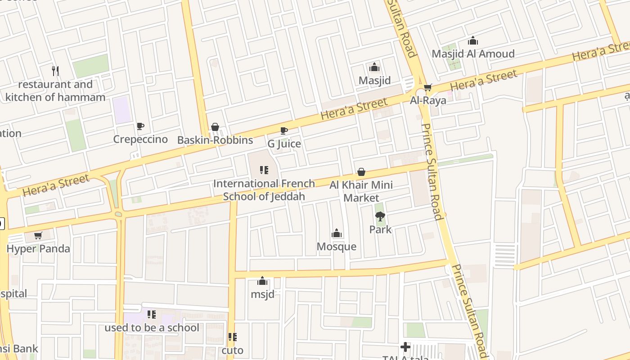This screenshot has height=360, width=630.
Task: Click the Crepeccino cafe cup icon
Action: (140, 126)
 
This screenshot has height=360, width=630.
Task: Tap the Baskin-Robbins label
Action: (215, 140)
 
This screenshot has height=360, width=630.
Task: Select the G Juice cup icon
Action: (284, 130)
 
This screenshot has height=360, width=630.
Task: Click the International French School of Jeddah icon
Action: (264, 170)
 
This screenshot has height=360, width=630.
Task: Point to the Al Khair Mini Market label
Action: (361, 191)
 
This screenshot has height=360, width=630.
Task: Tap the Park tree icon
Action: (380, 216)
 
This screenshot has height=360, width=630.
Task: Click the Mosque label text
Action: (337, 247)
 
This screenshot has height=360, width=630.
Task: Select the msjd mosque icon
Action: (262, 282)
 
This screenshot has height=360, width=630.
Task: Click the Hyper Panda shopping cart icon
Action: (38, 235)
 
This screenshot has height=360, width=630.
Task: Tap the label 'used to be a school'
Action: (152, 328)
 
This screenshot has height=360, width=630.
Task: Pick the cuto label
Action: (232, 350)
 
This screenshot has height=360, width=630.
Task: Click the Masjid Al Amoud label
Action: (473, 54)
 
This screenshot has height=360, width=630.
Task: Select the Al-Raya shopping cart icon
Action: (427, 87)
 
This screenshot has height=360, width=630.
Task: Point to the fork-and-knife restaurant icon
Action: (55, 71)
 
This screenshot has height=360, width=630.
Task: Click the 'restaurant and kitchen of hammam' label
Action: (55, 90)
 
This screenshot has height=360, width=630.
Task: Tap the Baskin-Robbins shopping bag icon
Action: (215, 127)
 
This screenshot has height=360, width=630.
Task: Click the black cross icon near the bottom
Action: (405, 346)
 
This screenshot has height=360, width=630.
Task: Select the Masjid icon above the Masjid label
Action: (374, 67)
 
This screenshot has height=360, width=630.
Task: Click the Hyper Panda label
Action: (38, 249)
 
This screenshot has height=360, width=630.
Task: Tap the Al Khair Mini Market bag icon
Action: (361, 172)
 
